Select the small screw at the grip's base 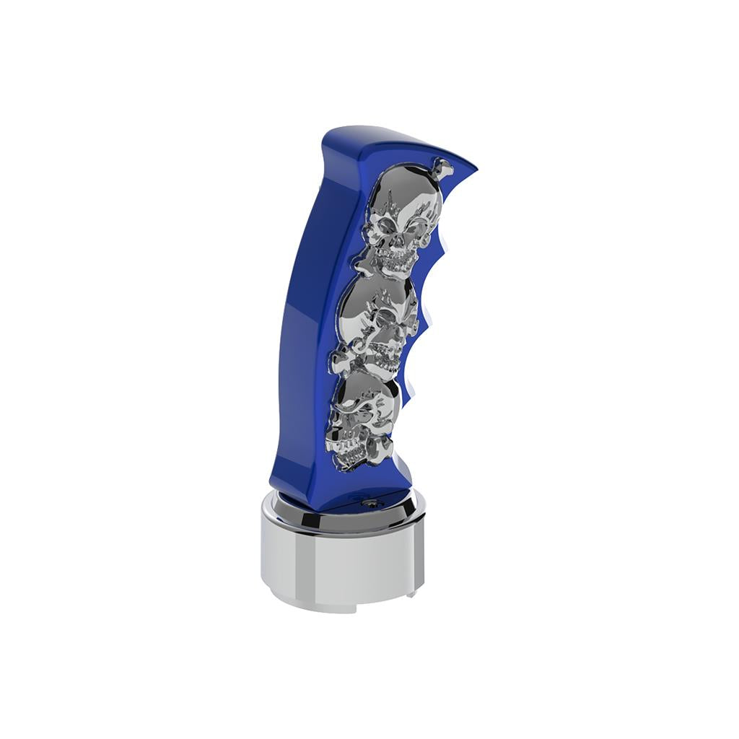click(371, 503)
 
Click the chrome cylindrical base click(342, 563)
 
